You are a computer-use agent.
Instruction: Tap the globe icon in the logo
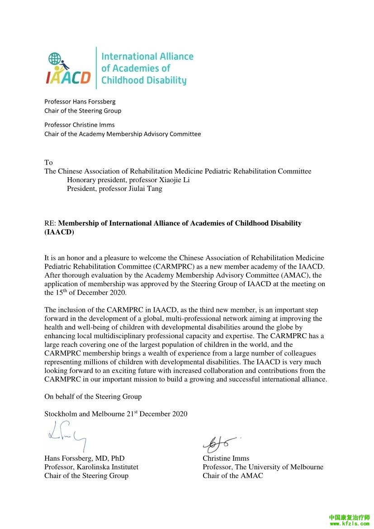tap(55, 58)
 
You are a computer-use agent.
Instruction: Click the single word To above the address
tap(48, 162)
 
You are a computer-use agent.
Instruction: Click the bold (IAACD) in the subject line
tap(59, 232)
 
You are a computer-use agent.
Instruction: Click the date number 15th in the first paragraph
tap(61, 292)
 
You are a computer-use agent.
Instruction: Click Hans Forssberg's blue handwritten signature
tap(66, 435)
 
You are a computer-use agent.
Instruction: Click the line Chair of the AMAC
tap(232, 476)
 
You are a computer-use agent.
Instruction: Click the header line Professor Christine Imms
tap(80, 125)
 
